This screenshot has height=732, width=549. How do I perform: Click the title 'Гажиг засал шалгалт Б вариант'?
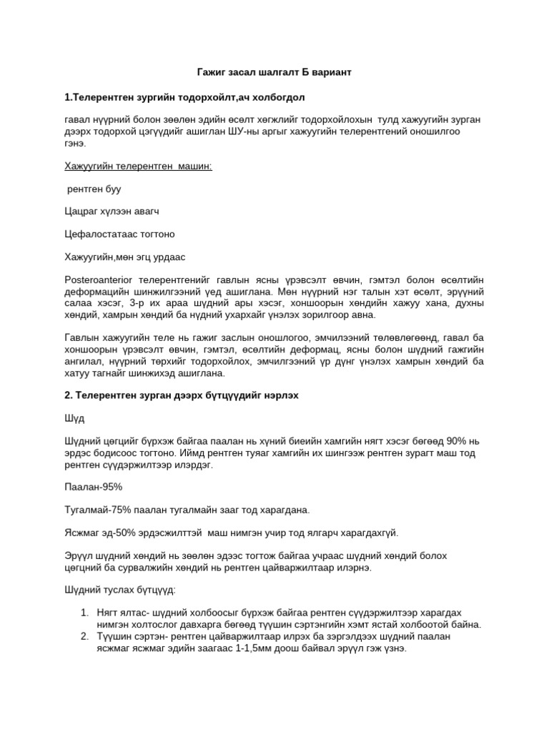point(274,73)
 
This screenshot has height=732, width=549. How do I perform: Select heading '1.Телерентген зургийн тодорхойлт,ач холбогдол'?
point(187,97)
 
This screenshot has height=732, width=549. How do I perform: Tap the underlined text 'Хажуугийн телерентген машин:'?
point(139,167)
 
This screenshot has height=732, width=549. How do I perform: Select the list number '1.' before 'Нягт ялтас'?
point(84,613)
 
